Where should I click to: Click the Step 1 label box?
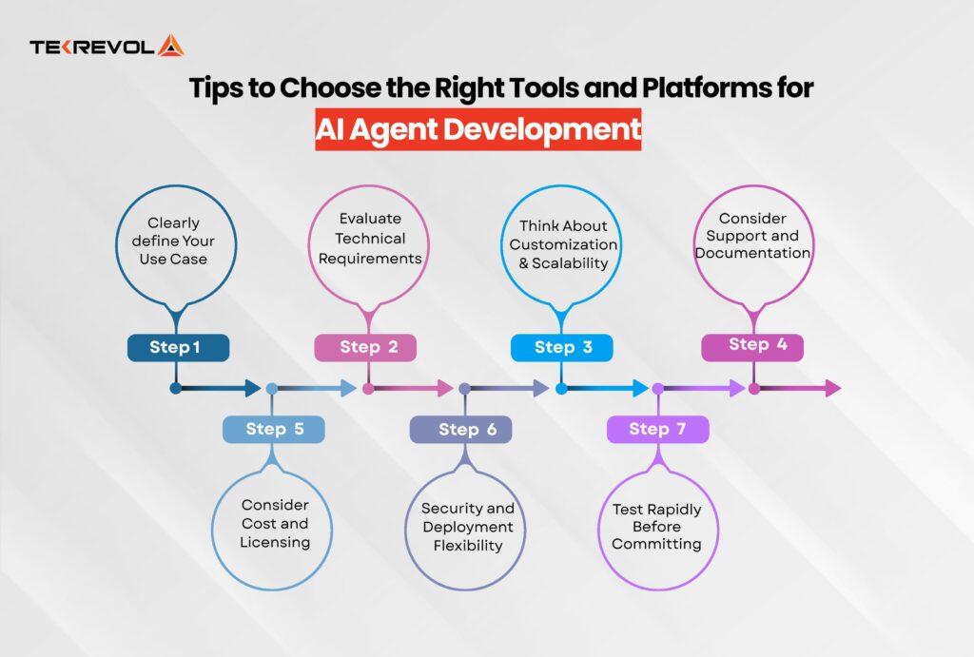click(178, 348)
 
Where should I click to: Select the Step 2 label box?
click(365, 348)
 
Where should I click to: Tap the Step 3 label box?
click(562, 348)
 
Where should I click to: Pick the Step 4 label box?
click(752, 345)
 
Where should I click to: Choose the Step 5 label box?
click(274, 429)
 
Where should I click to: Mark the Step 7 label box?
click(658, 430)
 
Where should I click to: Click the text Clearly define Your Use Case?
click(175, 241)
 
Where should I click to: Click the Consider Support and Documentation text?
click(752, 236)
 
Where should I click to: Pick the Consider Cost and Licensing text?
click(274, 524)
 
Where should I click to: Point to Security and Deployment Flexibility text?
click(467, 527)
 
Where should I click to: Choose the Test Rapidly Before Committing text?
click(656, 527)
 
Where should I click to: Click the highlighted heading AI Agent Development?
click(478, 130)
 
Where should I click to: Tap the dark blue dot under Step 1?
click(175, 388)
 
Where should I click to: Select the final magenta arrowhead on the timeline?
click(832, 388)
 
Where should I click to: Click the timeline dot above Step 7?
click(656, 388)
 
